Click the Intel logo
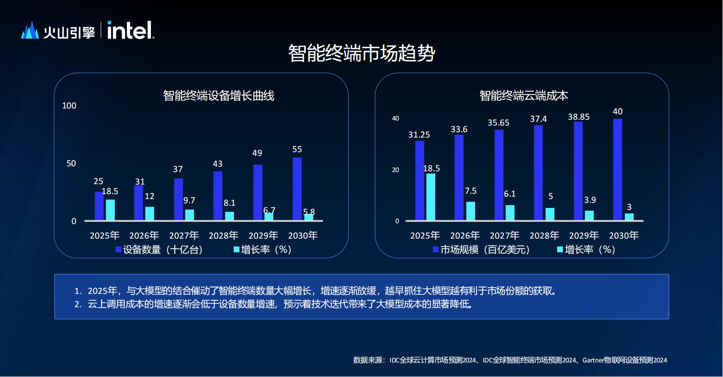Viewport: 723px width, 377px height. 131,30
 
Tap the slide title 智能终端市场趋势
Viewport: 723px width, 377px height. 361,53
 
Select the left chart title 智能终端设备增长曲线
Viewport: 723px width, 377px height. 219,96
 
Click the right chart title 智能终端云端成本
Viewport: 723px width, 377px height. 523,96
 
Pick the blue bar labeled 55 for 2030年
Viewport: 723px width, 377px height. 297,189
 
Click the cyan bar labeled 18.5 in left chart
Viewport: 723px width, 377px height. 110,210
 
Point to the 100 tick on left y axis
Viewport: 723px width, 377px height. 69,106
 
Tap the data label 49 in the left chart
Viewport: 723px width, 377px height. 257,153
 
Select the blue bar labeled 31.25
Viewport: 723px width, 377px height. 419,180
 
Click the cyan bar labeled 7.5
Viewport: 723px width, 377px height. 470,211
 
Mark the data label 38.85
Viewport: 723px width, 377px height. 578,117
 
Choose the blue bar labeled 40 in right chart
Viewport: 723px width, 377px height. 617,169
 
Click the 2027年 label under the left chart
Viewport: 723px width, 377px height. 184,236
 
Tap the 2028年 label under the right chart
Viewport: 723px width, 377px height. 544,236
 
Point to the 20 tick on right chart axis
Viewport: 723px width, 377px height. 395,170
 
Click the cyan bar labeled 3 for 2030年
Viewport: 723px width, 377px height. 629,217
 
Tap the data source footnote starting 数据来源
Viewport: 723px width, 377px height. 510,360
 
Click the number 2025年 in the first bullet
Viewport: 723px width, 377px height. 102,291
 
